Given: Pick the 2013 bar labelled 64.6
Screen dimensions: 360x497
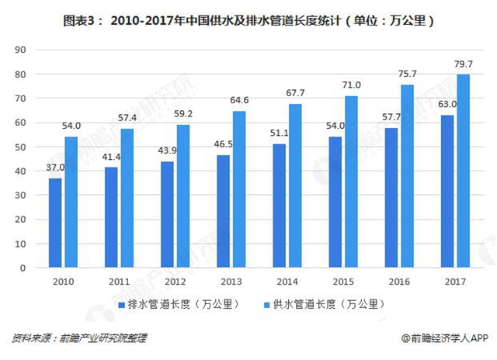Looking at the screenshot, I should pos(238,189).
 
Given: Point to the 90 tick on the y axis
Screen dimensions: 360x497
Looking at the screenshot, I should pos(21,50).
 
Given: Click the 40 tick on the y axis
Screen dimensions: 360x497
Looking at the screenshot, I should pos(21,171).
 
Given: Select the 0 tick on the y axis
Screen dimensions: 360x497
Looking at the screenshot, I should pos(23,268).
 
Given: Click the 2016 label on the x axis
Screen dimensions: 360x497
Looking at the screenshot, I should pos(399,281).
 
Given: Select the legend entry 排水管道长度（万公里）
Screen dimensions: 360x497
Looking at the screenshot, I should pos(179,304).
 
